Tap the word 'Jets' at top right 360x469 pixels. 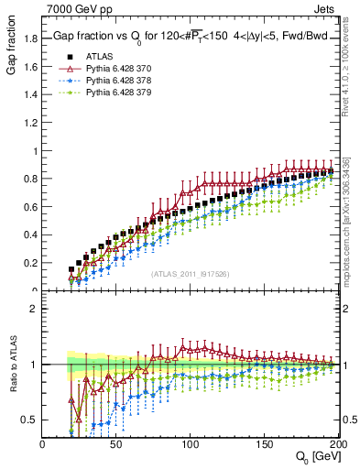[323, 9]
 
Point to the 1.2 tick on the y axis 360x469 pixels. [31, 123]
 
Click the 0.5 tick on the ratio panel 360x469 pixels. [31, 420]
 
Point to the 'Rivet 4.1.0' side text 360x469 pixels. [352, 73]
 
